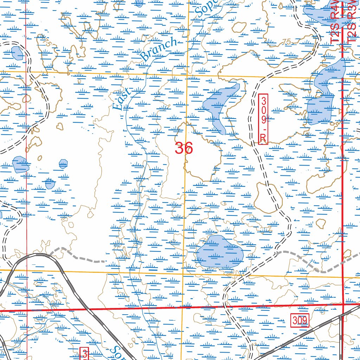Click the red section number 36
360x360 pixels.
click(x=184, y=148)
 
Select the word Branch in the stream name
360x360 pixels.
click(x=159, y=49)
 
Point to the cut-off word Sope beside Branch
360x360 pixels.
click(x=204, y=9)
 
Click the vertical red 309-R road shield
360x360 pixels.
click(x=263, y=119)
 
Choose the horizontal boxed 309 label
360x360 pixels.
click(x=300, y=320)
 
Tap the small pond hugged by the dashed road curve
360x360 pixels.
click(x=17, y=53)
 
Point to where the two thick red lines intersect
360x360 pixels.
click(x=343, y=304)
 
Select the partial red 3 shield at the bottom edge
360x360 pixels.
click(x=85, y=354)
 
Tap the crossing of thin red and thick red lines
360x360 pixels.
click(x=27, y=311)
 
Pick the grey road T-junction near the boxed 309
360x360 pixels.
click(x=341, y=316)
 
